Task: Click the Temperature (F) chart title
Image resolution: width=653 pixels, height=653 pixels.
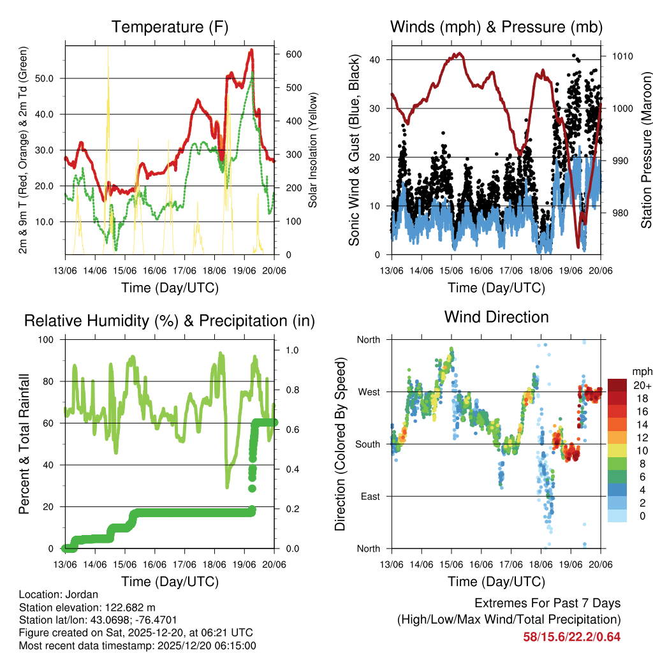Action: [170, 27]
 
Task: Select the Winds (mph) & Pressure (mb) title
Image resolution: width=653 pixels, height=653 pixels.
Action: [496, 27]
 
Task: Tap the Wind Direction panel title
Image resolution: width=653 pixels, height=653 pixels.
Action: [496, 316]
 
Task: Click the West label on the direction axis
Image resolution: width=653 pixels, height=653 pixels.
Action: [368, 392]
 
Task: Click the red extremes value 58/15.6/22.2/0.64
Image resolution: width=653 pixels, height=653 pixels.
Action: [571, 636]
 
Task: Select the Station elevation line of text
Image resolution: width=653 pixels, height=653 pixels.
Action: [87, 607]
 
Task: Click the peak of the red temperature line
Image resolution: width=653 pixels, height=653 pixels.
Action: [251, 50]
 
